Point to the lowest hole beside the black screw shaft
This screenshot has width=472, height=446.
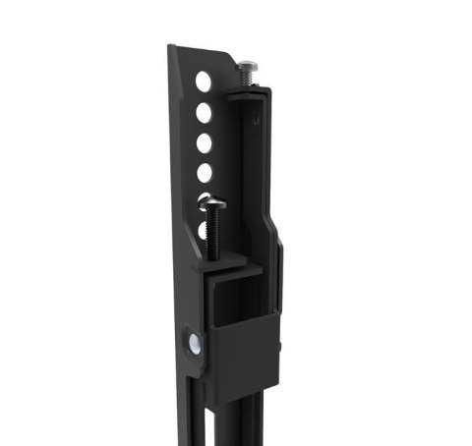[x=205, y=233]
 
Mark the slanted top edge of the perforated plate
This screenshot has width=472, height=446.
[x=202, y=51]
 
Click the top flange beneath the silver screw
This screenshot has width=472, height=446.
[x=258, y=89]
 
